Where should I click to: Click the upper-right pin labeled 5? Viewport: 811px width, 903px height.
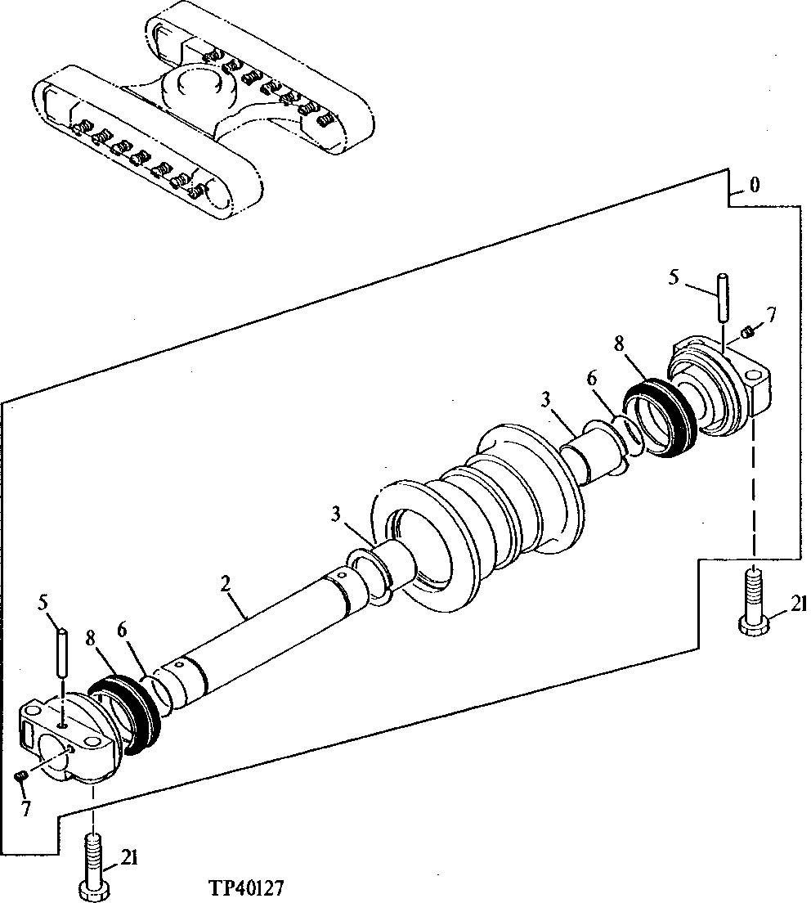click(x=724, y=299)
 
